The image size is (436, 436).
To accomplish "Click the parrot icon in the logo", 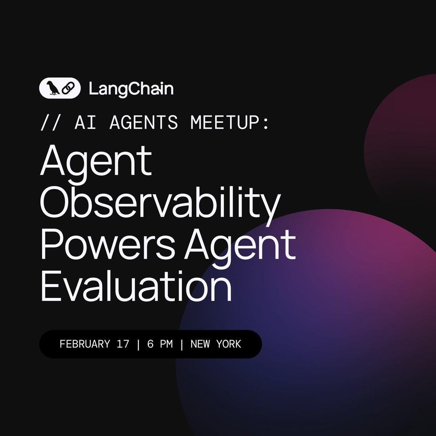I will point(53,88).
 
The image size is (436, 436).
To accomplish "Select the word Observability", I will point(160,204).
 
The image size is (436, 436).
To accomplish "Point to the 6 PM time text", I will point(160,344).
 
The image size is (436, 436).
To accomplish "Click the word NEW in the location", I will point(199,344).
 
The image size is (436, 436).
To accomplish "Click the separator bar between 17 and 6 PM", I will point(138,344).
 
